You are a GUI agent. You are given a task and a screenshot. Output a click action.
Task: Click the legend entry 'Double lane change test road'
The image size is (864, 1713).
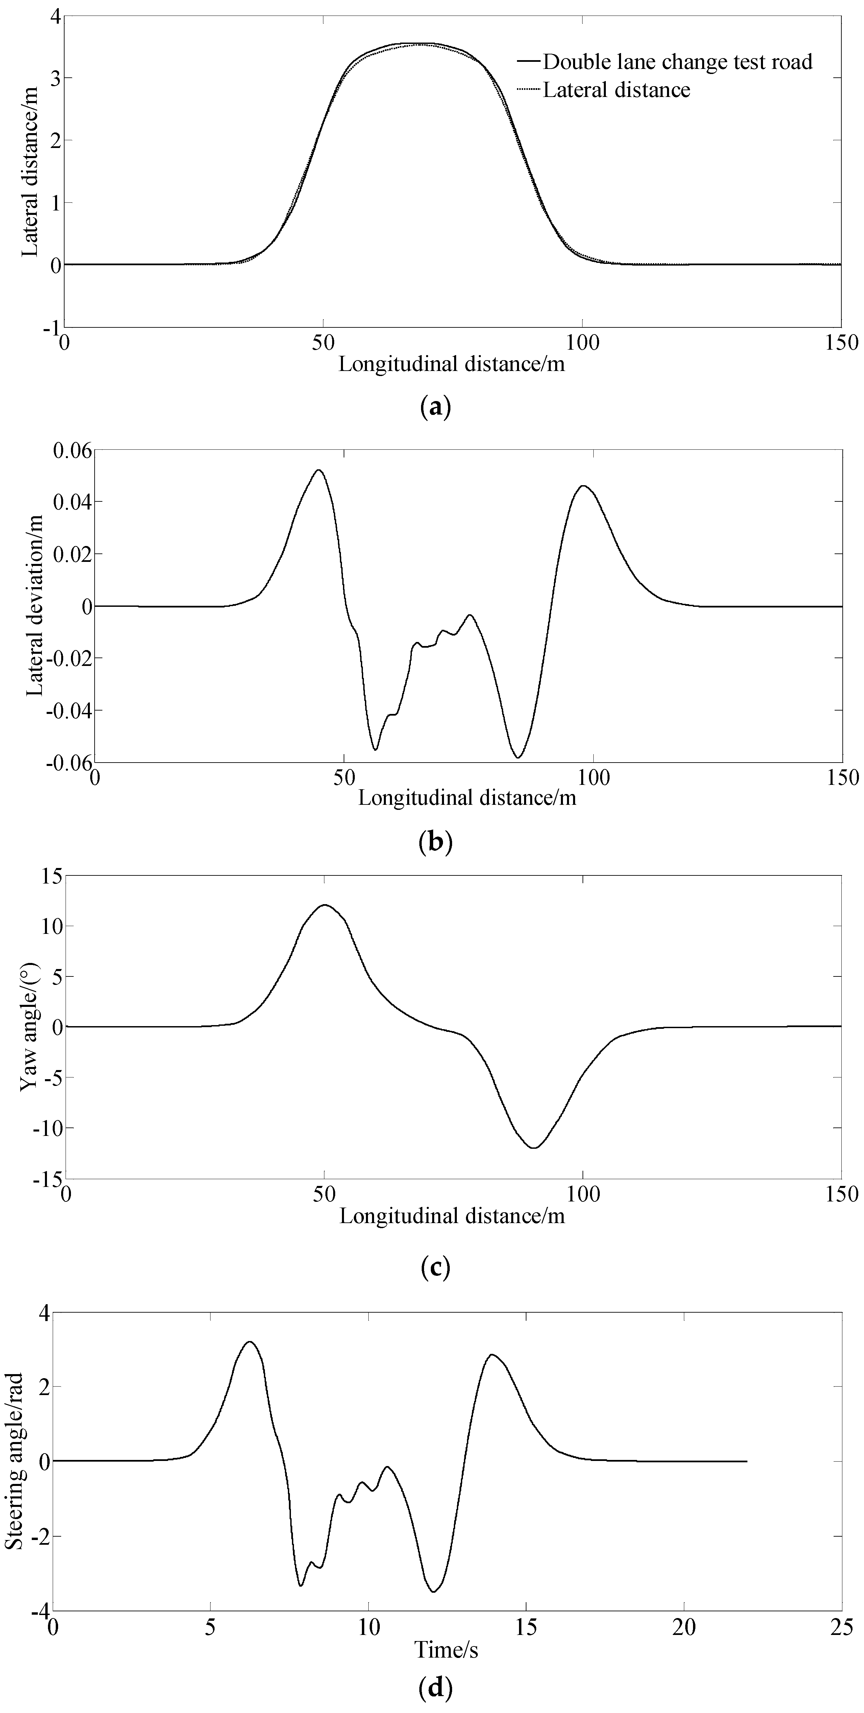pos(677,62)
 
